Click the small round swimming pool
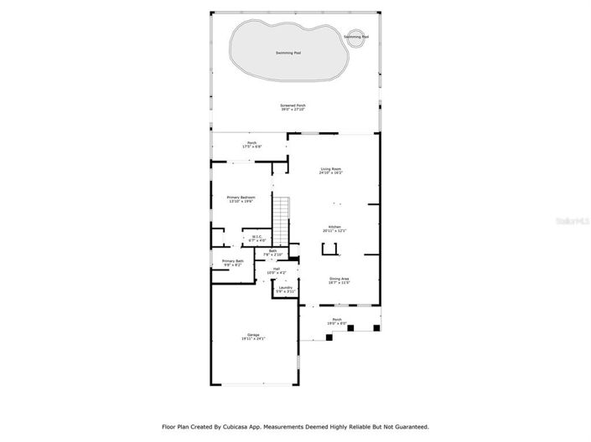click(x=355, y=38)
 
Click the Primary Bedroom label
click(x=241, y=199)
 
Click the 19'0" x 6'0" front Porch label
click(x=336, y=321)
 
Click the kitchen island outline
click(x=330, y=249)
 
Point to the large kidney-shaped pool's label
click(x=288, y=53)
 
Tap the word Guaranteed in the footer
click(x=407, y=426)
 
